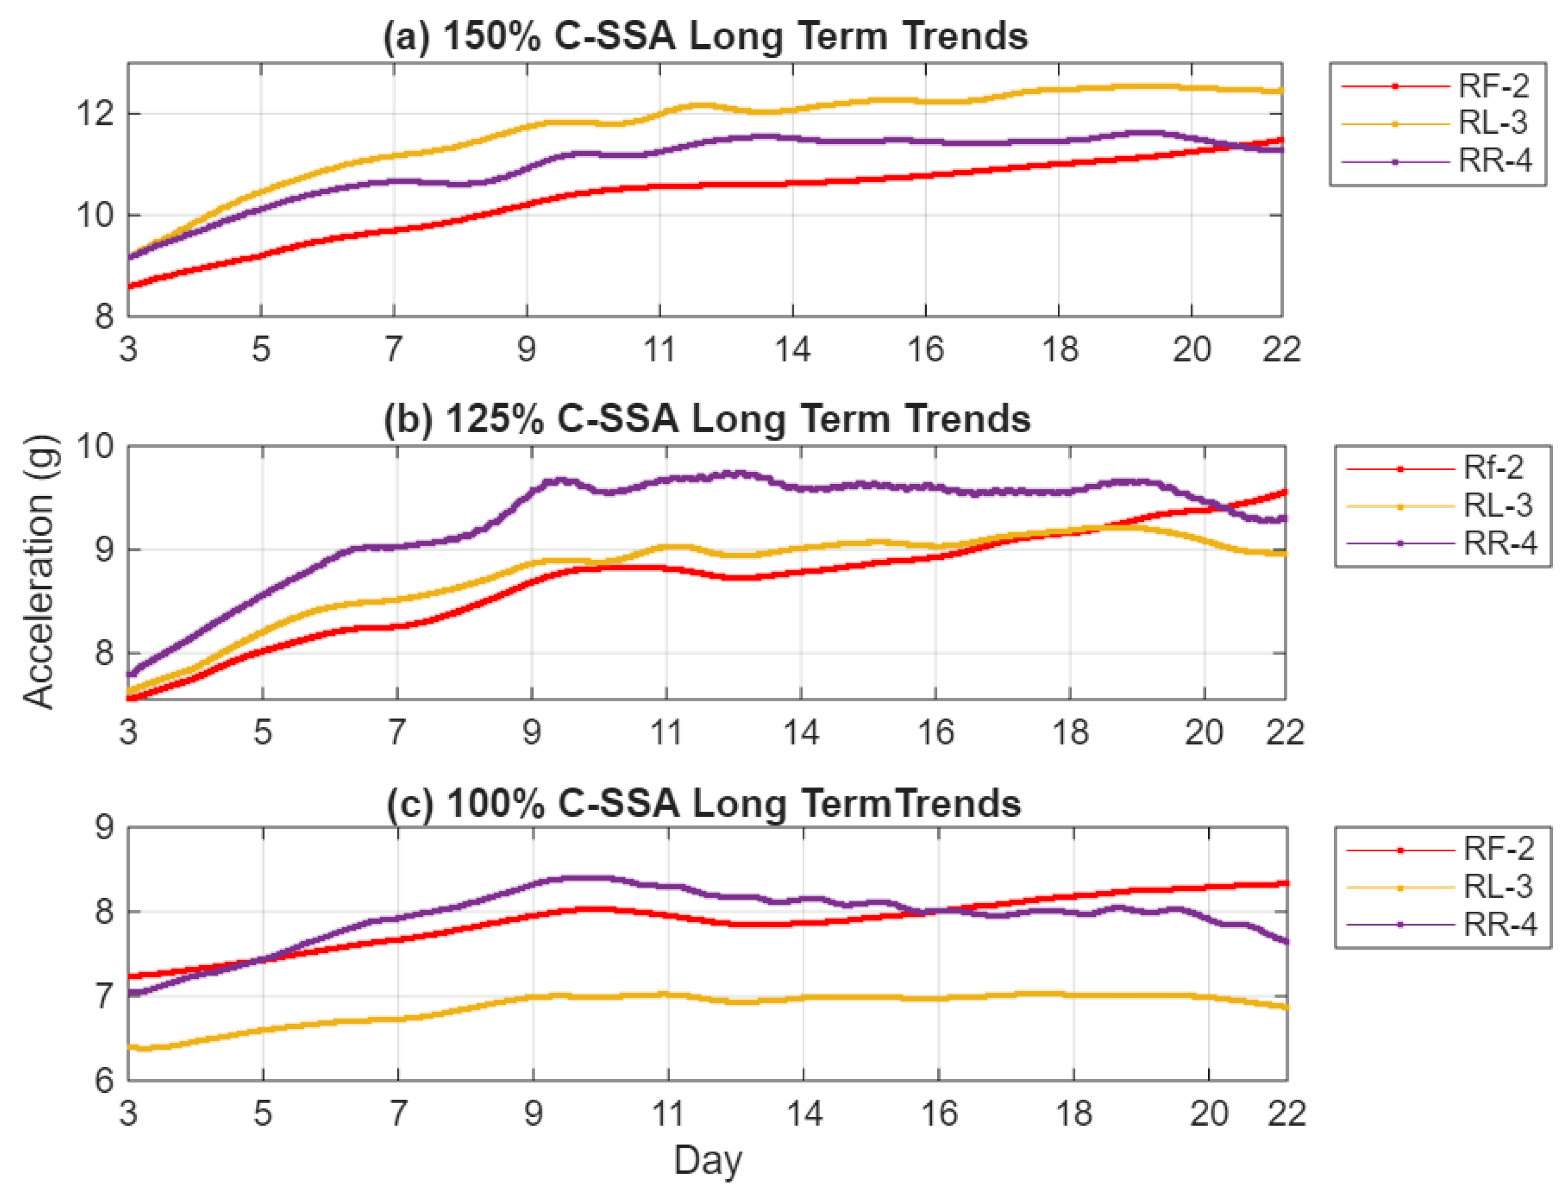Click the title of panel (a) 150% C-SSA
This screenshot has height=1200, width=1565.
[x=705, y=36]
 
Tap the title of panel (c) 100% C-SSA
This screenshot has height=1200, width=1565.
[x=704, y=803]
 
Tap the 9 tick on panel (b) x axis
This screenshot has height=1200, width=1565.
[x=531, y=732]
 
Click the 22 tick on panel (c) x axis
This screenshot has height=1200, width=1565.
[x=1286, y=1114]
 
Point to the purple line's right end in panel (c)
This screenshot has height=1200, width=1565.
[x=1286, y=942]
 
